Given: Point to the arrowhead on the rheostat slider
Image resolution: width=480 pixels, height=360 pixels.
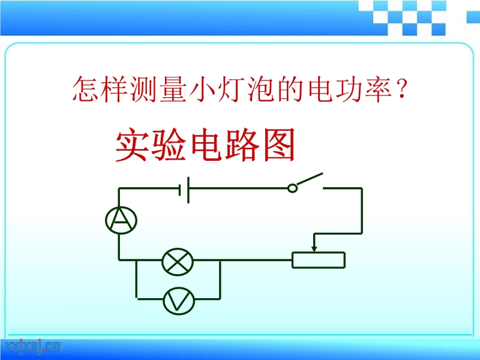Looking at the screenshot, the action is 314,249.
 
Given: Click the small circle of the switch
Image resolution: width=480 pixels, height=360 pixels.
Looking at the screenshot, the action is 292,188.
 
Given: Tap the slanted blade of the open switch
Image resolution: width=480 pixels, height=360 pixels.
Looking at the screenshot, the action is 310,179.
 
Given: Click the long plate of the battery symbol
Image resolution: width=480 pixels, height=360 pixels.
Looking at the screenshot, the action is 188,190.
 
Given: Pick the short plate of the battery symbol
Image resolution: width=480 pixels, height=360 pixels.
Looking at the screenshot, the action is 181,190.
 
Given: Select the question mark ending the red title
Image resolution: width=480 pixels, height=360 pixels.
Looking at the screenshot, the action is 401,88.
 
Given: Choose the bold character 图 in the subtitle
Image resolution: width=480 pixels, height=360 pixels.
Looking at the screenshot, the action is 279,144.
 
